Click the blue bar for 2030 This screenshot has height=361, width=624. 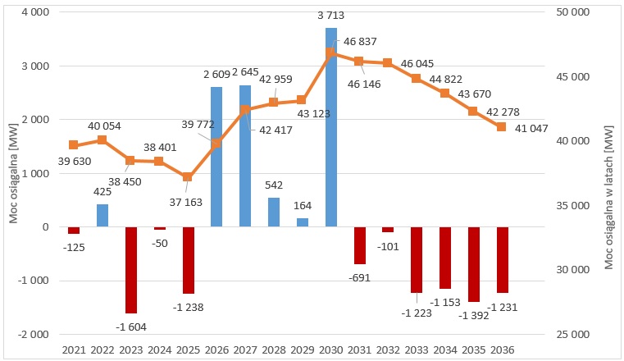point(330,127)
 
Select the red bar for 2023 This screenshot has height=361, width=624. point(130,270)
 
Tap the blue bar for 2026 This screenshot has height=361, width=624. point(216,157)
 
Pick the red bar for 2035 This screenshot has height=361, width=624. point(474,264)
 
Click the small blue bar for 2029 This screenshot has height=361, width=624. point(303,222)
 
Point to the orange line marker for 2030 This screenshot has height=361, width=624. point(330,53)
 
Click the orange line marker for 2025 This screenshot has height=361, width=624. point(188,176)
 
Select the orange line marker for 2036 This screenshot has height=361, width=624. point(502,126)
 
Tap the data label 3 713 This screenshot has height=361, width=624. point(331,17)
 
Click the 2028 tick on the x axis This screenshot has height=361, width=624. point(274,350)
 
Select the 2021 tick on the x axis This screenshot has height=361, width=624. point(74,350)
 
